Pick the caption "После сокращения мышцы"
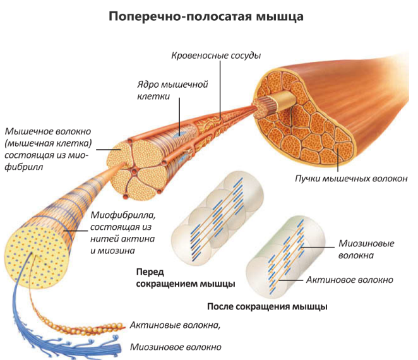[267, 307]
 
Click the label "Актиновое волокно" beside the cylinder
[349, 279]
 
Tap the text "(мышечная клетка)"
[48, 143]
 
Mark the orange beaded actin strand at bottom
[95, 327]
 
